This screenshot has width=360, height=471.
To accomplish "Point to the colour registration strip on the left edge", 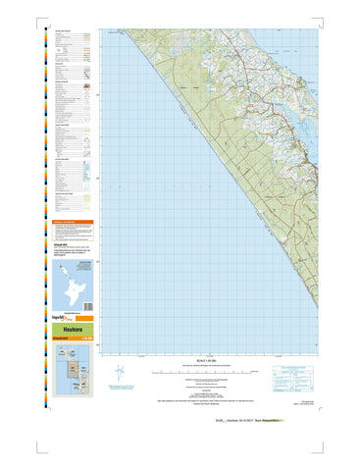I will click(43, 196).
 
